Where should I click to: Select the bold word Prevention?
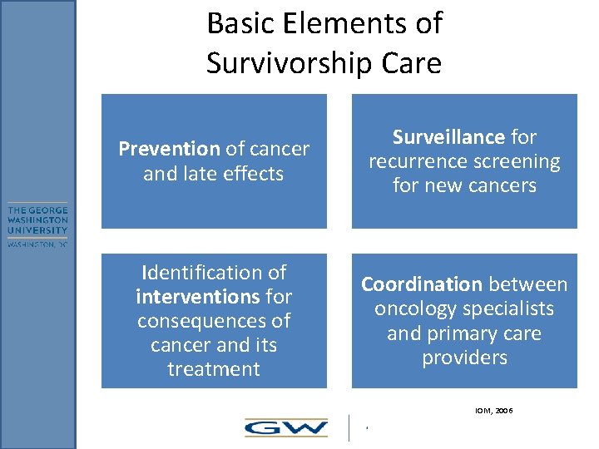(x=169, y=149)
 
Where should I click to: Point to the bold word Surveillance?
(x=448, y=136)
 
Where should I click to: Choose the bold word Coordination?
(x=421, y=284)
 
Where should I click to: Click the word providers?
(x=464, y=358)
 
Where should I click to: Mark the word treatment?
(x=214, y=368)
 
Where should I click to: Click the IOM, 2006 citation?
(x=493, y=411)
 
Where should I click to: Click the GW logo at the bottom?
(x=285, y=427)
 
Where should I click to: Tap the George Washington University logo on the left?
(x=38, y=225)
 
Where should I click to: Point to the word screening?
(x=515, y=161)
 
